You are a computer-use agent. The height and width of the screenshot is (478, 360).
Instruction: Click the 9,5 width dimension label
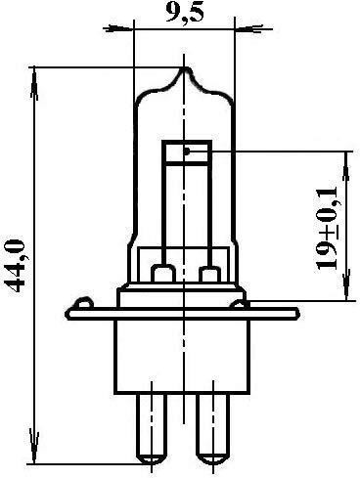tap(185, 13)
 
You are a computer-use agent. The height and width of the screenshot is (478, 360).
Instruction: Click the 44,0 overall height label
tap(17, 266)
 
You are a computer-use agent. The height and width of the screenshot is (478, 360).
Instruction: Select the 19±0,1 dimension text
tap(327, 229)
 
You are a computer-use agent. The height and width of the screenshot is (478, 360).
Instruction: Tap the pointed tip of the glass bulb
tap(185, 67)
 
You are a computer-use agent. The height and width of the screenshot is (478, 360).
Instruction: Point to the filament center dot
tap(187, 152)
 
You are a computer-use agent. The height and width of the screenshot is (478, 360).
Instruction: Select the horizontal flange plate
tap(183, 314)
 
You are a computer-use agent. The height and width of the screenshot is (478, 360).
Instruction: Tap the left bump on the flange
tap(84, 303)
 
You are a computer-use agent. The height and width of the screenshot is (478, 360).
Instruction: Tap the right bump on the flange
tap(240, 304)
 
